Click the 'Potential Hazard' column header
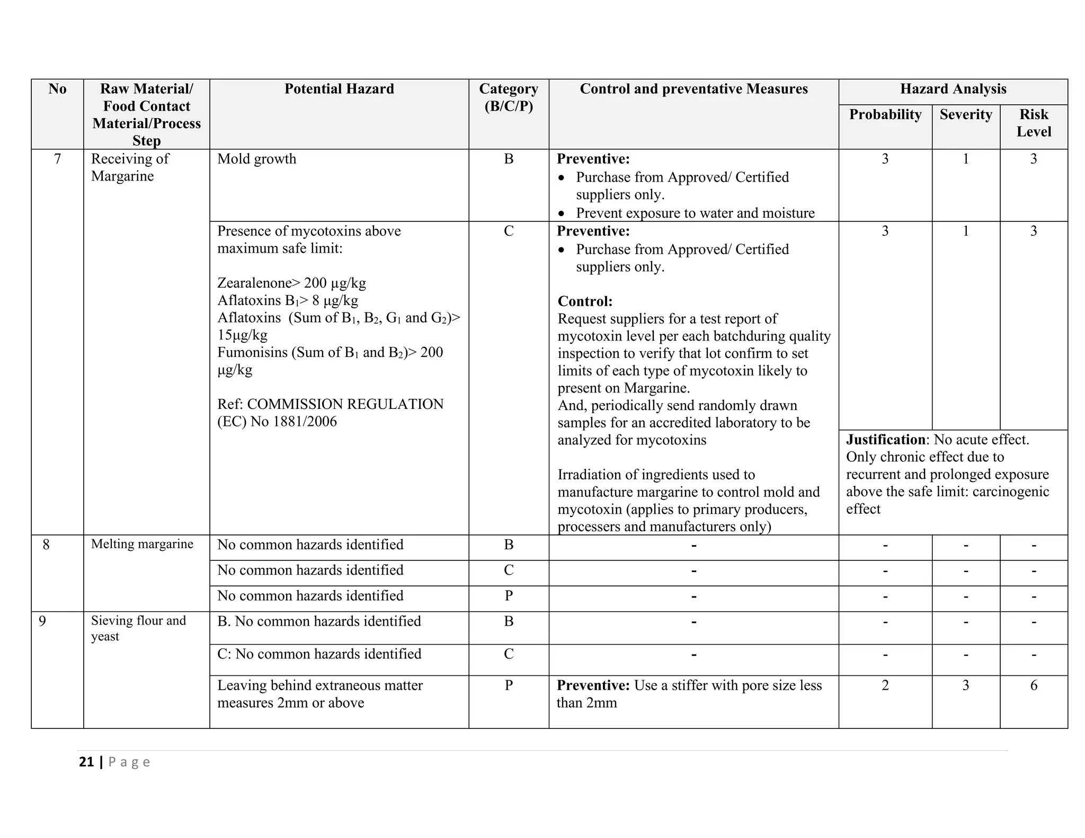click(339, 89)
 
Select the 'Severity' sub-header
click(965, 114)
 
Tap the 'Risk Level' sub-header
click(1033, 123)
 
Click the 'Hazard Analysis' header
click(953, 89)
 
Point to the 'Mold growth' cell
click(257, 159)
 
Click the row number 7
click(57, 159)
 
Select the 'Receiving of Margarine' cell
click(130, 167)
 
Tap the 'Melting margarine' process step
click(142, 544)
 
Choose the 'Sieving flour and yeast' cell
click(138, 628)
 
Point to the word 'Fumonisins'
click(252, 352)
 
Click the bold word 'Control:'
click(585, 301)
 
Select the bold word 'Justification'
click(885, 440)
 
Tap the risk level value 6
click(1033, 685)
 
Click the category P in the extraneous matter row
click(509, 685)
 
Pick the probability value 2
click(885, 685)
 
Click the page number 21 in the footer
click(86, 762)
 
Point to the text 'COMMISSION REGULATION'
click(345, 404)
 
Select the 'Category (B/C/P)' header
click(509, 97)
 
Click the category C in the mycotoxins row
click(509, 231)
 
